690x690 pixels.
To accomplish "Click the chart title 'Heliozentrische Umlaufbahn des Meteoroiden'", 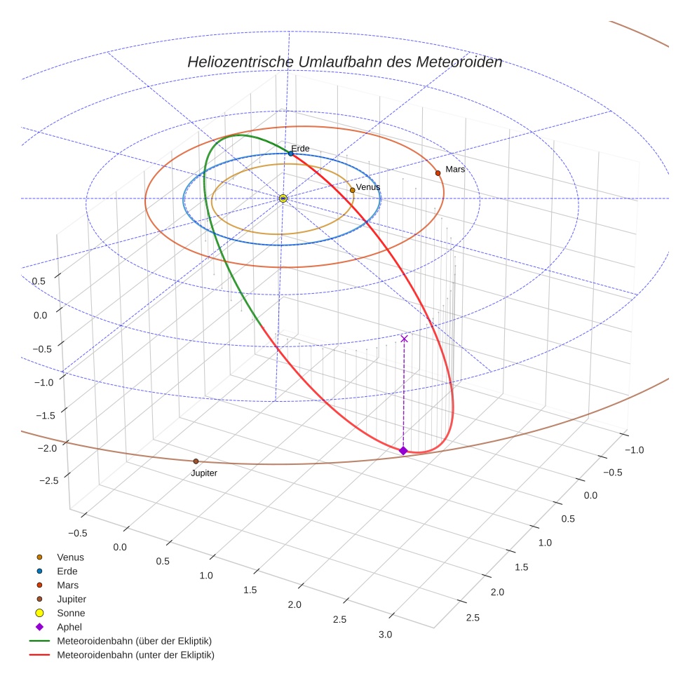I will [344, 62].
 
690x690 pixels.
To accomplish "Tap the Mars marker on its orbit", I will [438, 172].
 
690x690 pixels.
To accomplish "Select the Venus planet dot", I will [352, 190].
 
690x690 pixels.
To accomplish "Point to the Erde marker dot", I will [290, 153].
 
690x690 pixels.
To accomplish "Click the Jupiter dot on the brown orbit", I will [196, 461].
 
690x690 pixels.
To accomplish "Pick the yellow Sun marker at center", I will [283, 198].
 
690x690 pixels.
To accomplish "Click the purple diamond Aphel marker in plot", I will [403, 450].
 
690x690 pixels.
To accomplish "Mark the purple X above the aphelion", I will [404, 339].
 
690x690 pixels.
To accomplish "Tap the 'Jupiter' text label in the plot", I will [204, 473].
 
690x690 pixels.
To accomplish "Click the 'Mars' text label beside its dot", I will [455, 169].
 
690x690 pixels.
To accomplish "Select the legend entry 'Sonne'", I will [71, 613].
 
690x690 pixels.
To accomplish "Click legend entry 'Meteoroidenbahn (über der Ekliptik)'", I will [134, 641].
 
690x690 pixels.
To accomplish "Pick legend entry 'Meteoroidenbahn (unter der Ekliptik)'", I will [135, 655].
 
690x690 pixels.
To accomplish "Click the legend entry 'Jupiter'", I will [72, 599].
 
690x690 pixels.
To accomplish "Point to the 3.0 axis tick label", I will [385, 634].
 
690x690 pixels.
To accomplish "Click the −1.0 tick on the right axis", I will [635, 449].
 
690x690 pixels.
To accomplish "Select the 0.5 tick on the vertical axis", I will [39, 281].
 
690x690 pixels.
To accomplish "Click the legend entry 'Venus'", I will [70, 557].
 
